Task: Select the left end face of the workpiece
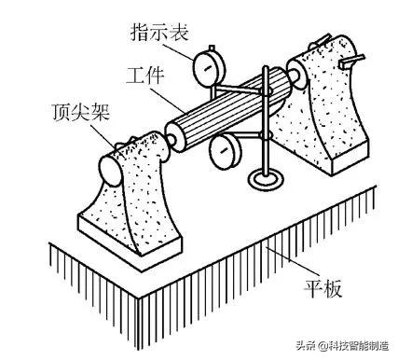(176, 137)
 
